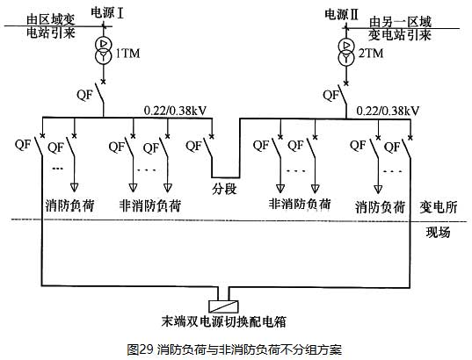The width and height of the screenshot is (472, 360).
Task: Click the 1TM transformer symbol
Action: [x=103, y=50]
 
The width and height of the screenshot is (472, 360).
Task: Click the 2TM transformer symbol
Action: [x=346, y=52]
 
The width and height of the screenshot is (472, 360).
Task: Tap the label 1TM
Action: [x=128, y=54]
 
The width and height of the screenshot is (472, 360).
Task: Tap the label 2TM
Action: [x=371, y=54]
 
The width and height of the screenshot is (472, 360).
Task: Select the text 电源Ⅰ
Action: [x=107, y=13]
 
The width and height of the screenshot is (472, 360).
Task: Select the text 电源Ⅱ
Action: [x=342, y=14]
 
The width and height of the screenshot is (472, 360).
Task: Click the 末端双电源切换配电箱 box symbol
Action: [x=223, y=306]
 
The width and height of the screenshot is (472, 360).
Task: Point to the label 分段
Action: [x=224, y=189]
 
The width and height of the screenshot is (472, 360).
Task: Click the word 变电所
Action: [x=439, y=207]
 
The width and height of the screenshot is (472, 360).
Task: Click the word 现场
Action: [x=439, y=232]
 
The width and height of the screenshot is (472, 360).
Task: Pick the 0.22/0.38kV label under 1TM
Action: [x=175, y=111]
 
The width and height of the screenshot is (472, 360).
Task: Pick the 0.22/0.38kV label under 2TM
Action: [x=388, y=111]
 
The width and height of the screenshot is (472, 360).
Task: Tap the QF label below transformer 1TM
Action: [x=84, y=95]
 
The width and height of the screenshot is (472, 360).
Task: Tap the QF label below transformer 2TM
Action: [x=331, y=95]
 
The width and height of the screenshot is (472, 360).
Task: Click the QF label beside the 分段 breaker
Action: [x=194, y=146]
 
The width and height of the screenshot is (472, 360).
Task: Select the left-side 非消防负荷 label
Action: [x=150, y=205]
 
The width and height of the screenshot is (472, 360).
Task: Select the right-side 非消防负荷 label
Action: [x=299, y=204]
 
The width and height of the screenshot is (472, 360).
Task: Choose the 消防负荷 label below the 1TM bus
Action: [x=69, y=205]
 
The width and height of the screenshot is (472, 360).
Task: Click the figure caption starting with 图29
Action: [x=235, y=349]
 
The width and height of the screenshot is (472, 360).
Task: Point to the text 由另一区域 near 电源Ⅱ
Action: [x=400, y=22]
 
